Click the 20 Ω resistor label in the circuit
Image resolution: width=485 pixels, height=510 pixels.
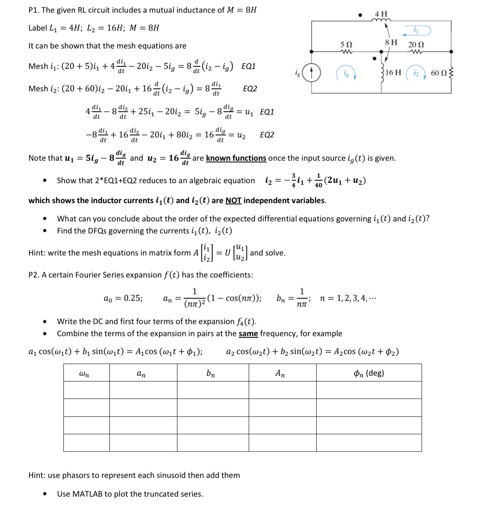coord(416,44)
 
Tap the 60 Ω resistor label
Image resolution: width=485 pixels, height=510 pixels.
coord(439,73)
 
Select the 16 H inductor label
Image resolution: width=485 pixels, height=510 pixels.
coord(393,73)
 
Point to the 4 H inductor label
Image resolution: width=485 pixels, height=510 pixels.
coord(381,14)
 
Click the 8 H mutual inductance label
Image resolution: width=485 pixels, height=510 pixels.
coord(391,42)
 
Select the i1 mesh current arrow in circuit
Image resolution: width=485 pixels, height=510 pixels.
coord(417,30)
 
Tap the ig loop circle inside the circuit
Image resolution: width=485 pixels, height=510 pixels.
coord(346,73)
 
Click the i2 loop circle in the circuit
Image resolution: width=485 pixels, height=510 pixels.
coord(416,73)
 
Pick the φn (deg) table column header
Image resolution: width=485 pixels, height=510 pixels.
coord(369,373)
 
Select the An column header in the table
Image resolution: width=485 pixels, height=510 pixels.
coord(280,373)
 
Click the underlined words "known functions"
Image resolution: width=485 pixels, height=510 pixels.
coord(236,158)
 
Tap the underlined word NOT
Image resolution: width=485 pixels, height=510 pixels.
coord(233,201)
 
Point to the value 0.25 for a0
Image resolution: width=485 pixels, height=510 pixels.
coord(133,298)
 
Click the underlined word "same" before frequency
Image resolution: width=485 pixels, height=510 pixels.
coord(248,334)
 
